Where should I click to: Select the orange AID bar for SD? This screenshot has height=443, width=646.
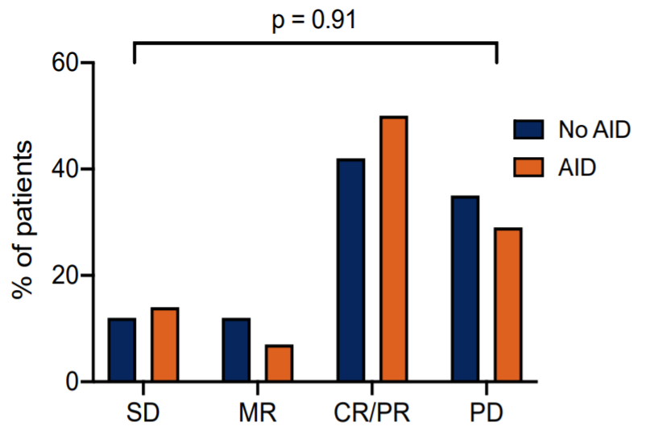pos(164,345)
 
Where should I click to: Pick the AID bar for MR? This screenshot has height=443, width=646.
pos(279,363)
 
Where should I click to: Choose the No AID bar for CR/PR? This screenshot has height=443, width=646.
pos(351,270)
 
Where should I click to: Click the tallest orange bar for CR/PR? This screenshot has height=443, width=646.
pos(393,249)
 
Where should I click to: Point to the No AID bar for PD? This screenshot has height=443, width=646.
pos(466,288)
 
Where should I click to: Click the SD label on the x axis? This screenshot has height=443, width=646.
pos(143,416)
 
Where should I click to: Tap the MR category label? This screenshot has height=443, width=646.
pos(258,416)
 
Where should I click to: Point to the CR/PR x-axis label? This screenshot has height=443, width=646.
pos(372,416)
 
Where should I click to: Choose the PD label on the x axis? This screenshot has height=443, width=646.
pos(487,416)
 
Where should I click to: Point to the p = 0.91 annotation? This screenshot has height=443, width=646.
pos(315,19)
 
